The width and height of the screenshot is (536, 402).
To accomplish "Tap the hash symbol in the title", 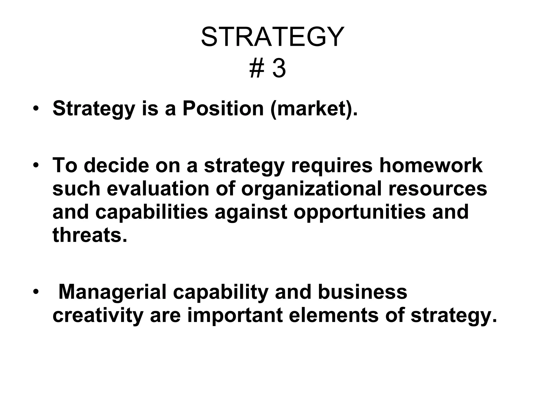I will pyautogui.click(x=257, y=69).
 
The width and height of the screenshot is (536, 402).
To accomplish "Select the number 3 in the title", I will pyautogui.click(x=279, y=69).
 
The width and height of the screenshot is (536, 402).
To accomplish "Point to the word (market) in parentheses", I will pyautogui.click(x=314, y=109).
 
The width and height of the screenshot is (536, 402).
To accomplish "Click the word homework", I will pyautogui.click(x=431, y=165).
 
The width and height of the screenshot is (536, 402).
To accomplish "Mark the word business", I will pyautogui.click(x=363, y=292).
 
